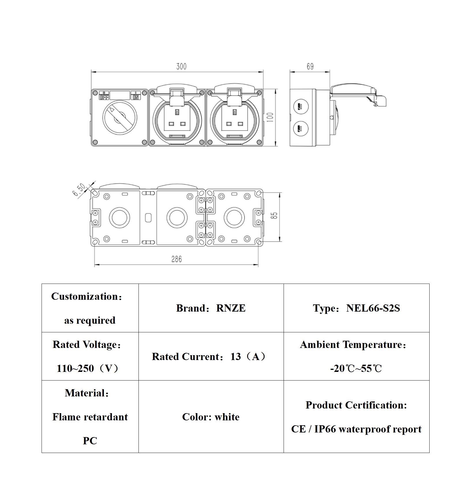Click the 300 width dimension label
(x=181, y=67)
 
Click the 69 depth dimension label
(x=310, y=67)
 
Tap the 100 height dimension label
(x=270, y=117)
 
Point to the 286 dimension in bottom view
(x=176, y=259)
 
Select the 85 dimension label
(x=274, y=216)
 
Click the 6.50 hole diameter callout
(x=79, y=190)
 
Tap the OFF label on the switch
(x=104, y=97)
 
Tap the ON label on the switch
(x=136, y=97)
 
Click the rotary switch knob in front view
(x=120, y=117)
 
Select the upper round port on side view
(x=301, y=106)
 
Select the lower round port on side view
(x=301, y=129)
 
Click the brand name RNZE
(x=231, y=308)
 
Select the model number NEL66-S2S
(x=373, y=308)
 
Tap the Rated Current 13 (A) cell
(x=211, y=357)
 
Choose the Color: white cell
(x=211, y=417)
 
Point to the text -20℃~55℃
(x=356, y=368)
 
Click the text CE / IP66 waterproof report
(x=356, y=429)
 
